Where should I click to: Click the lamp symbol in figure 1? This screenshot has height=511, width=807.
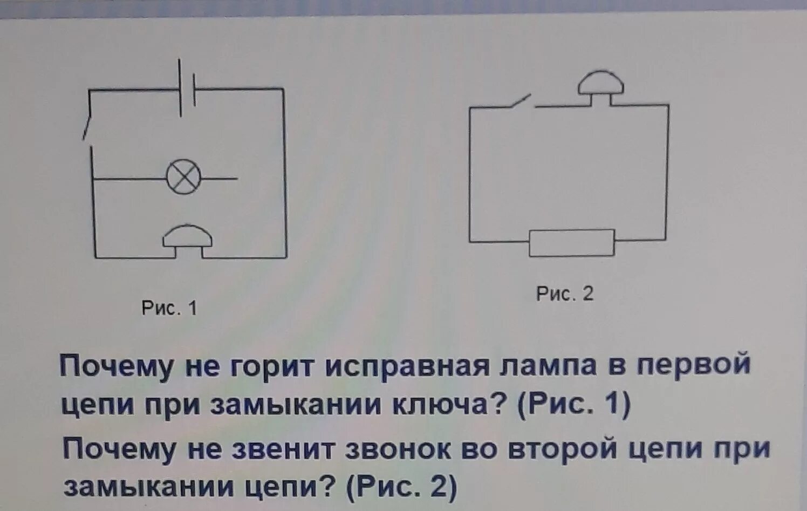click(183, 177)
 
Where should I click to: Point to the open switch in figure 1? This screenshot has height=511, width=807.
click(87, 123)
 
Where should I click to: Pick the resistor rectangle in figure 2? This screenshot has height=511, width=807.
click(571, 243)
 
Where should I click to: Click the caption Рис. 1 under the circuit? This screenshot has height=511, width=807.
click(169, 308)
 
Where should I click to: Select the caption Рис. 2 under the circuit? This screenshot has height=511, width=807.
click(564, 294)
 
